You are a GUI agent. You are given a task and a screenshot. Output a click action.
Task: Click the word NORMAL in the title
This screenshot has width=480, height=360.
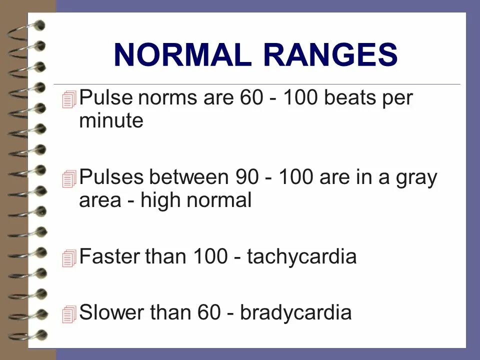tap(182, 55)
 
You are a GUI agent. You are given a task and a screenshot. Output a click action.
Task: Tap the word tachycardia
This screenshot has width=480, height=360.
tap(302, 257)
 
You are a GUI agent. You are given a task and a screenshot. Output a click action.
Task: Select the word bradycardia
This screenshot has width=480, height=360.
tap(296, 313)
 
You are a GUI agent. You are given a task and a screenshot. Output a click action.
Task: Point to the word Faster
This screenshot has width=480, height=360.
tap(109, 257)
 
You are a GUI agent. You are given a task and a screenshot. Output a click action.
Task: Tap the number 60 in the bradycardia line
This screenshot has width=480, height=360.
tap(210, 313)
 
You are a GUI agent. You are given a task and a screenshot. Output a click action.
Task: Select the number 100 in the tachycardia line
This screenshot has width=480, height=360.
tap(210, 257)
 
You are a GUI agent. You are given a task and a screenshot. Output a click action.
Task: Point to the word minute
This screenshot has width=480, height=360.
tap(111, 121)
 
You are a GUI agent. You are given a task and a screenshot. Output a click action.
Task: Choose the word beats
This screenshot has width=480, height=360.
tap(348, 98)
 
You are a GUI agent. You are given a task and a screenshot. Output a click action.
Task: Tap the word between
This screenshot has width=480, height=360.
tap(188, 178)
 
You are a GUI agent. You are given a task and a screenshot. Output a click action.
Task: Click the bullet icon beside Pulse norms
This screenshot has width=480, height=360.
tap(69, 100)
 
